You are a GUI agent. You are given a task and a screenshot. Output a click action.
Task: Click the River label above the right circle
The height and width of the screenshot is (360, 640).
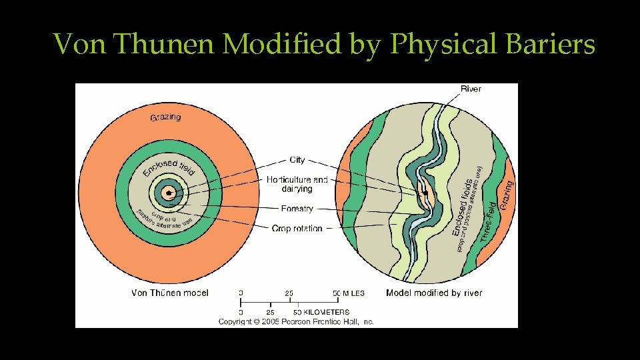click(x=471, y=89)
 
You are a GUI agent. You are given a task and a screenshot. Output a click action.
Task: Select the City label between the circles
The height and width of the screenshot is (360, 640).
click(x=297, y=160)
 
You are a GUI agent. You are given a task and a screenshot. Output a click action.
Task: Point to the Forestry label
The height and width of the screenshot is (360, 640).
click(x=297, y=209)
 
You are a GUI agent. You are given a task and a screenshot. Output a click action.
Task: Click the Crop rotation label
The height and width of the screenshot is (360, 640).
click(x=297, y=229)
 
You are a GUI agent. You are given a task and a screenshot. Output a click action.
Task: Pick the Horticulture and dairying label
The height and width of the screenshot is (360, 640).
click(x=297, y=184)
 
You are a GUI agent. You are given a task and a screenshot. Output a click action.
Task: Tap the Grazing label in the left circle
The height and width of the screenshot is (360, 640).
click(x=165, y=117)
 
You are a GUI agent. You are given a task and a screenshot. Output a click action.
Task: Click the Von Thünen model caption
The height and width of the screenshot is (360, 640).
click(x=170, y=293)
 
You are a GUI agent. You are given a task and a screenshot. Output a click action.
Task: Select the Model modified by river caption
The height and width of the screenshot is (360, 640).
click(x=434, y=293)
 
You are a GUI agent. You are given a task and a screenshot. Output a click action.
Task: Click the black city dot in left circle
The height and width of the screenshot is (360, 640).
click(x=170, y=193)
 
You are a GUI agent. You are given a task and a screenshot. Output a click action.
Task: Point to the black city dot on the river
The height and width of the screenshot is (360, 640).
click(x=425, y=193)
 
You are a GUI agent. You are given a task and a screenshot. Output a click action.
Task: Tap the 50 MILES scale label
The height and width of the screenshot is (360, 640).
click(x=349, y=293)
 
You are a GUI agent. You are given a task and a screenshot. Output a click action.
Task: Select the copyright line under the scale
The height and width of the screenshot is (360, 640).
click(x=296, y=321)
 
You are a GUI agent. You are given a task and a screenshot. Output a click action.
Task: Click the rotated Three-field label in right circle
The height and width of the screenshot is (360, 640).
click(x=488, y=222)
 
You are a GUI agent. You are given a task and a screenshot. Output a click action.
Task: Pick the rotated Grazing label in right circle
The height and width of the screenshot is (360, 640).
click(x=507, y=194)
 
